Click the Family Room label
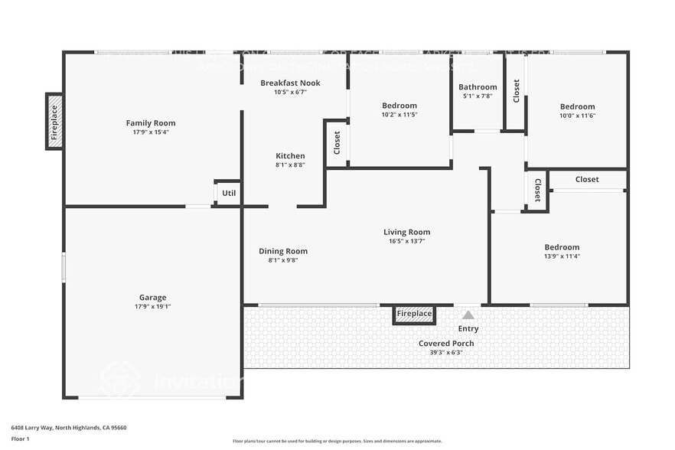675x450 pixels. click(x=151, y=122)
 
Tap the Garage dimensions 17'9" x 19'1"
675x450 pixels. click(x=153, y=307)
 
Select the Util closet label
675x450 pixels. click(x=229, y=194)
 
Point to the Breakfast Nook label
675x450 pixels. click(x=290, y=83)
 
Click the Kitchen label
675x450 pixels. click(x=290, y=156)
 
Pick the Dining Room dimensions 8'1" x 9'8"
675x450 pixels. click(x=282, y=260)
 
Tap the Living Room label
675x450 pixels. click(x=406, y=232)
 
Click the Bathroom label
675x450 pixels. click(x=478, y=87)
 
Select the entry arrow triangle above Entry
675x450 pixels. click(x=468, y=315)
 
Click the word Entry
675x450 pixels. click(x=468, y=329)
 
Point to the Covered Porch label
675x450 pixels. click(x=446, y=343)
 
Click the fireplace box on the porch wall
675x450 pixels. click(x=414, y=314)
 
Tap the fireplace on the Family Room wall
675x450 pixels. click(x=54, y=121)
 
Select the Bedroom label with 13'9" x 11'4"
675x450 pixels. click(x=562, y=247)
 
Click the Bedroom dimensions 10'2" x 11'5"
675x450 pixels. click(x=399, y=115)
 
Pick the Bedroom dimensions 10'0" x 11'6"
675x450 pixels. click(x=577, y=116)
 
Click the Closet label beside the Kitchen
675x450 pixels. click(x=337, y=142)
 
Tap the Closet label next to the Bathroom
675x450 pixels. click(x=517, y=91)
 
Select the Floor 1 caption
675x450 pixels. click(x=20, y=439)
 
